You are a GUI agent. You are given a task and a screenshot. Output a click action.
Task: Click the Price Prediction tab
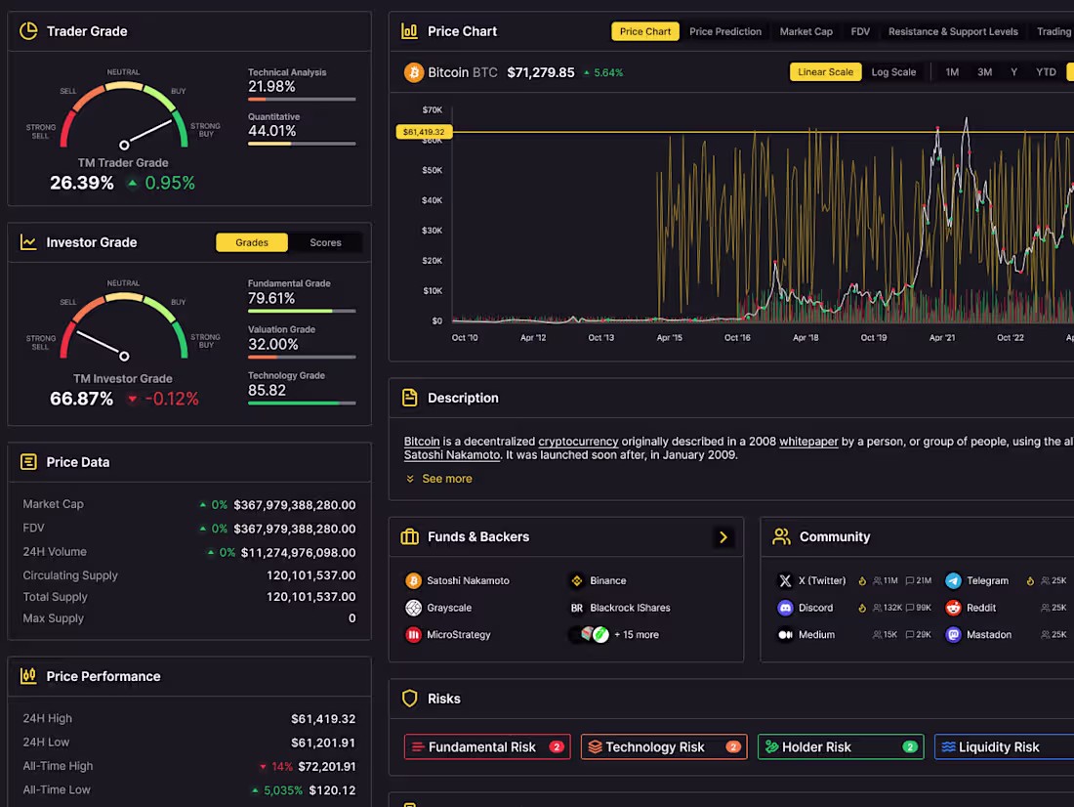[724, 31]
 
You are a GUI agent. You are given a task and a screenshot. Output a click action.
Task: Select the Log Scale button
[893, 72]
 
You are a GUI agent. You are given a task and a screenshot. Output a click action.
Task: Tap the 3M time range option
[984, 72]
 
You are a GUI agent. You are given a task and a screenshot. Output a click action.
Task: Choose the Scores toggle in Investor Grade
[325, 242]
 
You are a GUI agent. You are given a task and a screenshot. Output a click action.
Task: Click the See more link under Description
[446, 479]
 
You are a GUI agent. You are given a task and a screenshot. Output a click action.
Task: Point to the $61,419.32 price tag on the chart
[423, 132]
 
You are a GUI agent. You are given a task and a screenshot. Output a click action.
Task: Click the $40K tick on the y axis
[432, 200]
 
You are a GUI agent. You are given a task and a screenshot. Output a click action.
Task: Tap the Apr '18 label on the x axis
[805, 338]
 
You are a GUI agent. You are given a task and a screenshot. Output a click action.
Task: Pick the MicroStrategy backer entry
[458, 635]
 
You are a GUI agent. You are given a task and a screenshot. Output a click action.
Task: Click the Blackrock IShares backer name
[630, 608]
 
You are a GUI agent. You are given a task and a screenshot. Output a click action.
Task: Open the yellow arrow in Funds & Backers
[723, 536]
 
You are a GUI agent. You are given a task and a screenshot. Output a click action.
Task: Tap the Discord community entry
[815, 608]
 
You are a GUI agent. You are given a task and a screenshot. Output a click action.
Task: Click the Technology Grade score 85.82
[267, 390]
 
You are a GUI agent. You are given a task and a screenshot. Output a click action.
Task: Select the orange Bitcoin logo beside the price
[413, 72]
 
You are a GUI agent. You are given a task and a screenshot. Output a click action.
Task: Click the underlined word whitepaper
[808, 442]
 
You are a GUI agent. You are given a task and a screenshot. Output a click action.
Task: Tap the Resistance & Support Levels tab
[953, 31]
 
